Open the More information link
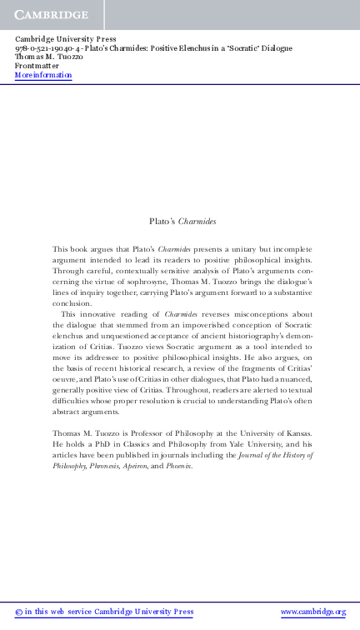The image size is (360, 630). coord(43,75)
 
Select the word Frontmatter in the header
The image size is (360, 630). coord(37,66)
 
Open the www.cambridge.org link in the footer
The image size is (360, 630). coord(313,612)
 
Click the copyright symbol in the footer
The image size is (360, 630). coord(18,612)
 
